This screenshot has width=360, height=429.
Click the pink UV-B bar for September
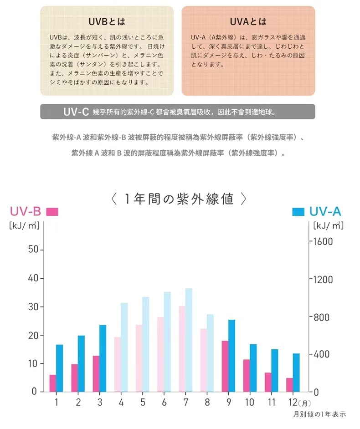[x=225, y=366]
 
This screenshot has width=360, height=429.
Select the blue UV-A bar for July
[x=189, y=340]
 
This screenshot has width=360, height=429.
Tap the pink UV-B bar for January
[x=53, y=383]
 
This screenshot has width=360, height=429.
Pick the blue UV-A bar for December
[x=296, y=373]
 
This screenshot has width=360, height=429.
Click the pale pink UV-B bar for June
[x=160, y=354]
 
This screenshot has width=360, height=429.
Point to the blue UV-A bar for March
[x=103, y=358]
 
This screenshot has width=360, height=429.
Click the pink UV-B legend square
[x=52, y=212]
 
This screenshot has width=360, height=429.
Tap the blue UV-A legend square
[x=298, y=212]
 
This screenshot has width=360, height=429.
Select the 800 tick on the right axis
[x=322, y=317]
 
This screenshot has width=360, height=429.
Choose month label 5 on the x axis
[x=142, y=403]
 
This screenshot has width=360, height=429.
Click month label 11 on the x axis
[x=272, y=403]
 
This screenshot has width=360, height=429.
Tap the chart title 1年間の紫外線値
[x=180, y=199]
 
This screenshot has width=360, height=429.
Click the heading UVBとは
[x=107, y=22]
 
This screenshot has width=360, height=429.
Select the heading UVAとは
[x=248, y=22]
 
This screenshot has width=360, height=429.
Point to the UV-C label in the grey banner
[x=76, y=112]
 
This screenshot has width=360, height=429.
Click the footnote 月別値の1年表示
[x=319, y=414]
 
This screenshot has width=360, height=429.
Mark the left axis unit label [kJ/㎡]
[x=24, y=225]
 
